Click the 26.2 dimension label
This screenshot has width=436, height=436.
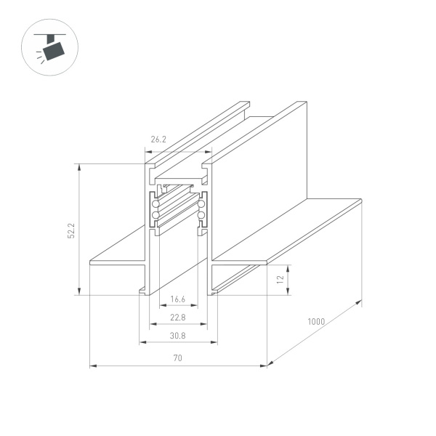tap(158, 139)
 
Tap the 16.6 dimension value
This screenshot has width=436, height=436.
tap(178, 299)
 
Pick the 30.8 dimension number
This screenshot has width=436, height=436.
tap(178, 335)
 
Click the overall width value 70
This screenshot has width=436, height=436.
tap(178, 358)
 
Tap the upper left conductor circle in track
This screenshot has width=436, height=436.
tap(156, 206)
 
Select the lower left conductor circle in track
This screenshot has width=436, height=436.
tap(156, 216)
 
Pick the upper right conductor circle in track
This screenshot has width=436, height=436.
tap(201, 206)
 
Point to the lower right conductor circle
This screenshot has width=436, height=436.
tap(201, 216)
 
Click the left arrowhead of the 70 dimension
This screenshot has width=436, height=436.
tap(92, 366)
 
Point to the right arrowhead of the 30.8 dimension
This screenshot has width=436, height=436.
tap(215, 343)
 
